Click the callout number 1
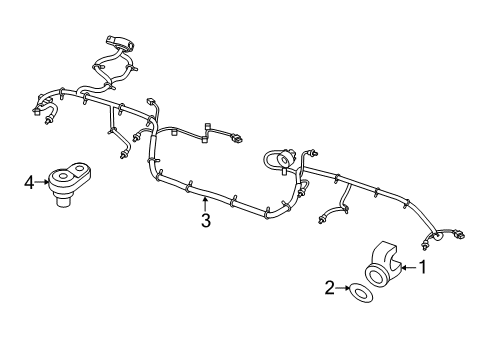click(x=422, y=267)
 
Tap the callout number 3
click(x=205, y=221)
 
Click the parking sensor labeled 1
click(x=384, y=266)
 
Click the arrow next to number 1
click(x=408, y=267)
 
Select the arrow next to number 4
click(x=43, y=182)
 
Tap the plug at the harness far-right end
click(x=459, y=237)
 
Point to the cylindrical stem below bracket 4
click(x=65, y=203)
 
